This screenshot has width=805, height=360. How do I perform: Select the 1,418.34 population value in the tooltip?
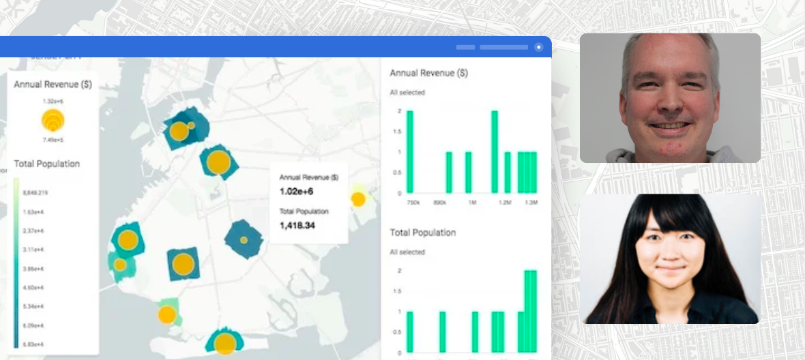point(297,225)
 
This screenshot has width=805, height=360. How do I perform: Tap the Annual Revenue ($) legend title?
point(53,85)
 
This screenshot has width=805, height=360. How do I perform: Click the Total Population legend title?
point(46,164)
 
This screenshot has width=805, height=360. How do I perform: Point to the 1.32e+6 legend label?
point(53,101)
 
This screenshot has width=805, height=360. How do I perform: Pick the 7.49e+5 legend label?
point(53,140)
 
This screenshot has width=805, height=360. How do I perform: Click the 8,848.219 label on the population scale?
point(35,193)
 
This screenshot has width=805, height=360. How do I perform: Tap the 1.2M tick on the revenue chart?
point(504,203)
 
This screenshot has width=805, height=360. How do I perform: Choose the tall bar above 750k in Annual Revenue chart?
point(410,151)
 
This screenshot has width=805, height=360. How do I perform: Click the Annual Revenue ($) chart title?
point(428,73)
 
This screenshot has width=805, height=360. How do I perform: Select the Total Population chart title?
point(422,232)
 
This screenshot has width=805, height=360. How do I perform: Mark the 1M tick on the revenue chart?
point(471,203)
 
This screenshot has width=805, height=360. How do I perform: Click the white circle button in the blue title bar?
point(539,47)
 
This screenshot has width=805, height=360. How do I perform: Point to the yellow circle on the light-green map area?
point(167,314)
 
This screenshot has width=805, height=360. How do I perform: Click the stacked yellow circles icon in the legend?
point(53,120)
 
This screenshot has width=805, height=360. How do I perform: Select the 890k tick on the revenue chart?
point(440,203)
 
